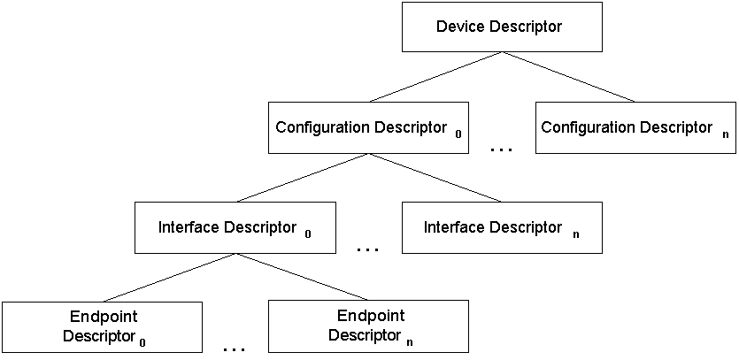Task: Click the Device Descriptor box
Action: coord(502,27)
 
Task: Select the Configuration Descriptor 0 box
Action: coord(368,128)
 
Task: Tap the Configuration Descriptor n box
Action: coord(635,128)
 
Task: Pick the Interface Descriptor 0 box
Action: coord(235,228)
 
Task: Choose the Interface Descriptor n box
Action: coord(501,228)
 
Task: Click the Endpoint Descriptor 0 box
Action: coord(102,326)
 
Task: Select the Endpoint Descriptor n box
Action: coord(368,326)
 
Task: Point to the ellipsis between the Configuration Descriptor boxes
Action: coord(502,150)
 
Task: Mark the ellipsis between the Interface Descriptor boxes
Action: coord(367,250)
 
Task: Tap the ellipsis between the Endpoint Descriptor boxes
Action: coord(235,350)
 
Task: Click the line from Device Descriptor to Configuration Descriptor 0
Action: coord(435,77)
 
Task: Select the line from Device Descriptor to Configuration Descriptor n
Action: coord(568,77)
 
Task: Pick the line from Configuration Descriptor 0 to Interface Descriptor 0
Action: coord(302,178)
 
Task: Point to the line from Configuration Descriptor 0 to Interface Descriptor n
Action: coord(435,178)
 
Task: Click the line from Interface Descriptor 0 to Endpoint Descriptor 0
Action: coord(168,278)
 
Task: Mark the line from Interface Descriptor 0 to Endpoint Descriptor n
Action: coord(301,278)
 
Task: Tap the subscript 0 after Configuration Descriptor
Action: coord(458,135)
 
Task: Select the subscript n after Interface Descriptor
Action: coord(576,235)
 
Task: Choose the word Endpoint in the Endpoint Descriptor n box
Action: coord(371,316)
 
